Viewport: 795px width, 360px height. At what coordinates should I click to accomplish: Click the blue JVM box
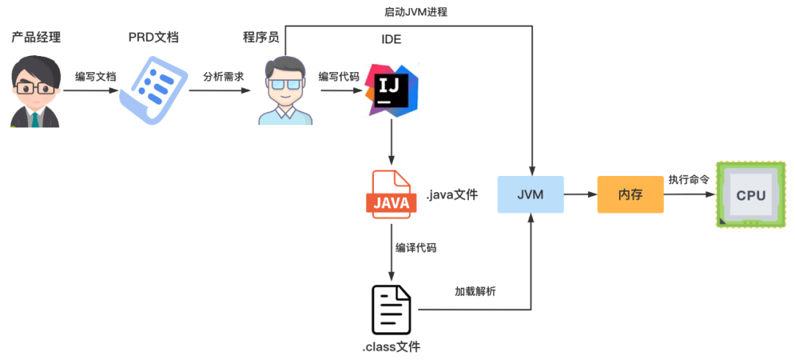[x=530, y=194]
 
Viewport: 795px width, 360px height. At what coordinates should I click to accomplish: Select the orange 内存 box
[x=630, y=194]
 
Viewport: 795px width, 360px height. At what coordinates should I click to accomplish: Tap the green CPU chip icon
[x=750, y=194]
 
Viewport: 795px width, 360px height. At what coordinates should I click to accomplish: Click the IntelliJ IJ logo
[x=392, y=91]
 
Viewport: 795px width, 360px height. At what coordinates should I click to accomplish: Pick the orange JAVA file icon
[x=392, y=194]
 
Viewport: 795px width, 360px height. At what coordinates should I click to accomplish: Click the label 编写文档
[x=96, y=77]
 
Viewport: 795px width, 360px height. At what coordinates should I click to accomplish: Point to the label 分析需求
[x=224, y=77]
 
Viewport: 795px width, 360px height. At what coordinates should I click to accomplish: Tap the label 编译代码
[x=416, y=248]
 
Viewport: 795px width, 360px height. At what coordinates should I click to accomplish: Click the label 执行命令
[x=688, y=180]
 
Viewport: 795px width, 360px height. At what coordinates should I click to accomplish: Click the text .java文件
[x=452, y=194]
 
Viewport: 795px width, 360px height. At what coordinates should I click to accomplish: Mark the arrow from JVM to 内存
[x=581, y=194]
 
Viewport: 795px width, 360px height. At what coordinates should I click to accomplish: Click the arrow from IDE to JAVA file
[x=392, y=143]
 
